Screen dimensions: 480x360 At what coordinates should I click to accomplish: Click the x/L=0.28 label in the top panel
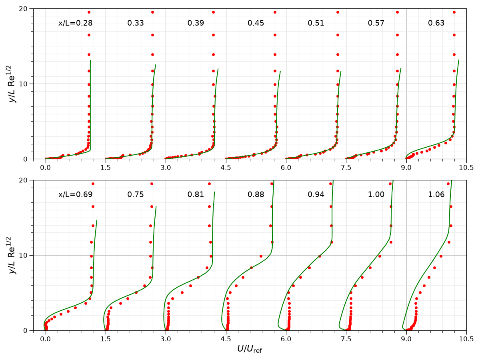pos(75,23)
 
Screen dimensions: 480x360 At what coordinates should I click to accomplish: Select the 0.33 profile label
pos(136,23)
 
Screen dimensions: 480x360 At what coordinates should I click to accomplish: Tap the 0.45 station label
pos(256,23)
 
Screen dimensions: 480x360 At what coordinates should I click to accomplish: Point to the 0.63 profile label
pos(436,23)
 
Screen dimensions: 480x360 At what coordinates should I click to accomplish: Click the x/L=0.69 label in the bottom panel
pos(75,194)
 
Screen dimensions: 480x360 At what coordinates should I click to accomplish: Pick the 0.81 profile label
pos(196,194)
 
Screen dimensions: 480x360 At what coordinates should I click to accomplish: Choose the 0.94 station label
pos(316,194)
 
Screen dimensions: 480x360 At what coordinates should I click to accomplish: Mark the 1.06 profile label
pos(436,194)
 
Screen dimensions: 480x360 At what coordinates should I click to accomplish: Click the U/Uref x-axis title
pos(250,349)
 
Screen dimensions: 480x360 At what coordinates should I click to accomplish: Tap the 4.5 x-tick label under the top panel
pos(226,168)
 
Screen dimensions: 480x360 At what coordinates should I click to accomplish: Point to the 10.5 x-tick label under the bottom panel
pos(466,339)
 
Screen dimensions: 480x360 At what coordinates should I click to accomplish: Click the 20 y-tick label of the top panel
pos(23,9)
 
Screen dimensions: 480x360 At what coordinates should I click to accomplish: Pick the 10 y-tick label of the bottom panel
pos(23,255)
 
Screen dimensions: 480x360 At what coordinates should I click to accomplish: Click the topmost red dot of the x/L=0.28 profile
pos(89,12)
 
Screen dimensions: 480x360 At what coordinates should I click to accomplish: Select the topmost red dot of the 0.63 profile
pos(454,12)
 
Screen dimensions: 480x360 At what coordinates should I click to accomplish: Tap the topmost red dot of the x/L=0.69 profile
pos(93,184)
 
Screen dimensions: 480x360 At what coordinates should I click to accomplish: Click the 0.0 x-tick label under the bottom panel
pos(46,339)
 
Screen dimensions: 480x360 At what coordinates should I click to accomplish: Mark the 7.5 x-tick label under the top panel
pos(346,168)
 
